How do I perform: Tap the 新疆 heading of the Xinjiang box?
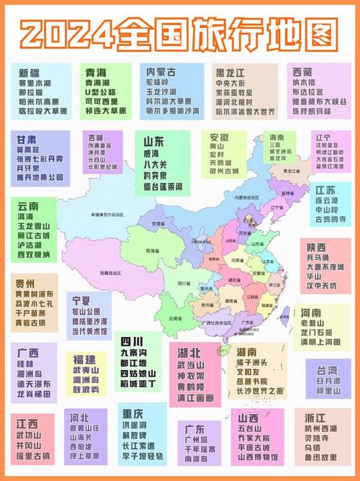[x=30, y=73]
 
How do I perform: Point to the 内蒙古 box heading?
[x=162, y=72]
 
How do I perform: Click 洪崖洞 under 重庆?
[x=138, y=426]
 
